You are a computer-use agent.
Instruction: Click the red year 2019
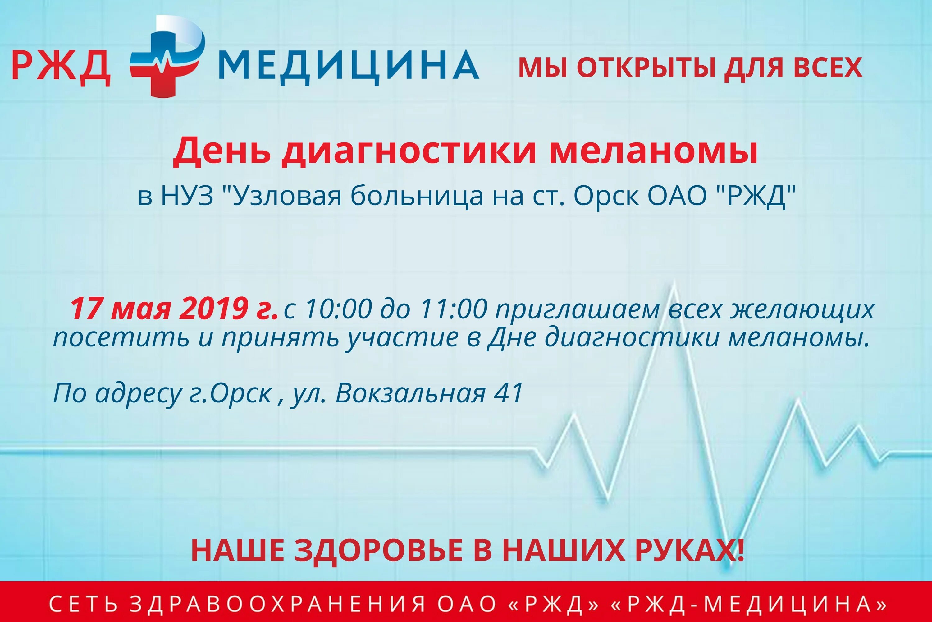click(210, 309)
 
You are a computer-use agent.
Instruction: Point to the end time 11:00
click(453, 309)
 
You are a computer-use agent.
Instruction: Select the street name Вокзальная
click(410, 393)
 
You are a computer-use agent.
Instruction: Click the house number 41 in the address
click(509, 393)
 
